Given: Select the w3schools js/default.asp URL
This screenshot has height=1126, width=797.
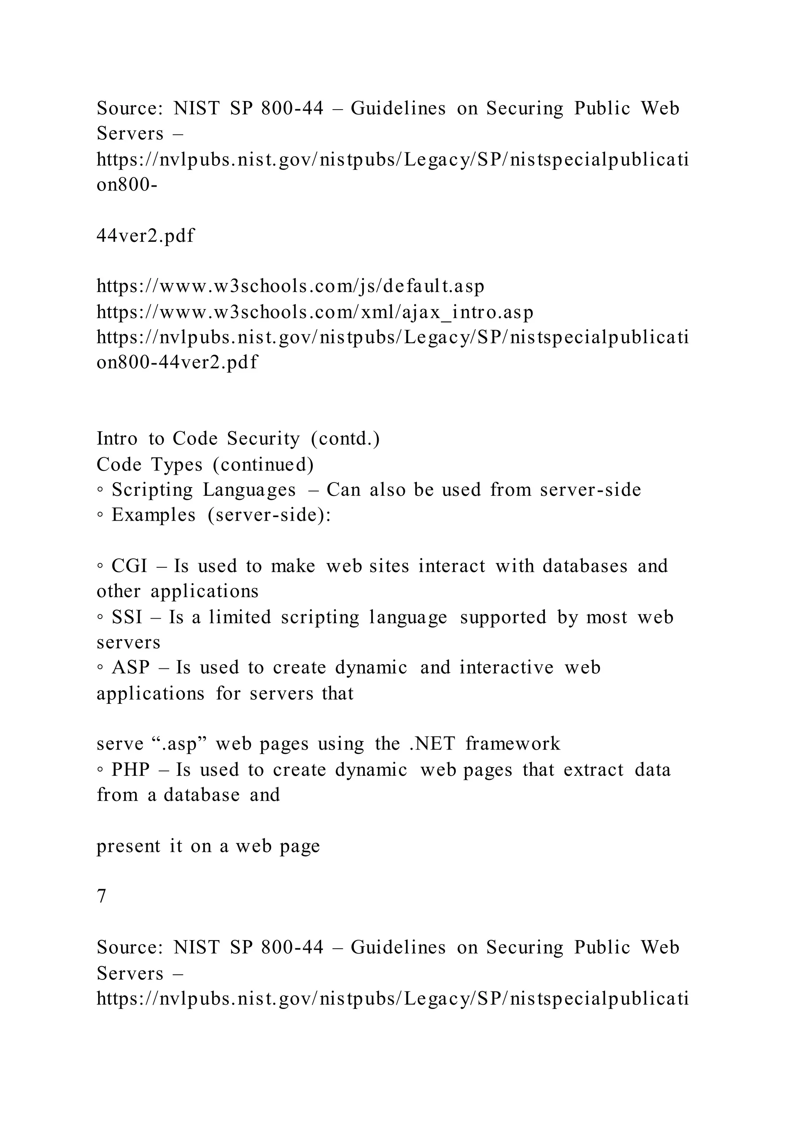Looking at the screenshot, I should pos(291,286).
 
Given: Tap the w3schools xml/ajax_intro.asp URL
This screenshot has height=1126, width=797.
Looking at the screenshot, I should pos(314,312).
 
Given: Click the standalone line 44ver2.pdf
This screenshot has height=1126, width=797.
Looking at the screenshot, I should pos(145,236).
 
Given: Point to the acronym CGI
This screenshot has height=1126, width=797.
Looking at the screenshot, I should pos(129,566).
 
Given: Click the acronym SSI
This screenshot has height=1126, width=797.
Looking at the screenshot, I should pos(126,617).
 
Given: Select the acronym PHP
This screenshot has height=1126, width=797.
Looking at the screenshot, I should pos(130,769).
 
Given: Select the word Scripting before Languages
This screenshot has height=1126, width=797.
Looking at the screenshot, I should pos(152,490).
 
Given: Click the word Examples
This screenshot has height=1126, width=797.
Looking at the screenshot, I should pos(153,515).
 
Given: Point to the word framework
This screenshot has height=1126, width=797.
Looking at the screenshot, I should pos(513,744).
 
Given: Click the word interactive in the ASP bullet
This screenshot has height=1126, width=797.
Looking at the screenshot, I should pos(506,668).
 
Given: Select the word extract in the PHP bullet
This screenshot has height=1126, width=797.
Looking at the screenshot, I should pos(593,769).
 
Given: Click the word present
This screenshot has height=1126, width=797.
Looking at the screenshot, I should pos(128,846).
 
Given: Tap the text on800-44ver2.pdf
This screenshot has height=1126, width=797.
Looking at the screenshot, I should pos(177,362).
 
